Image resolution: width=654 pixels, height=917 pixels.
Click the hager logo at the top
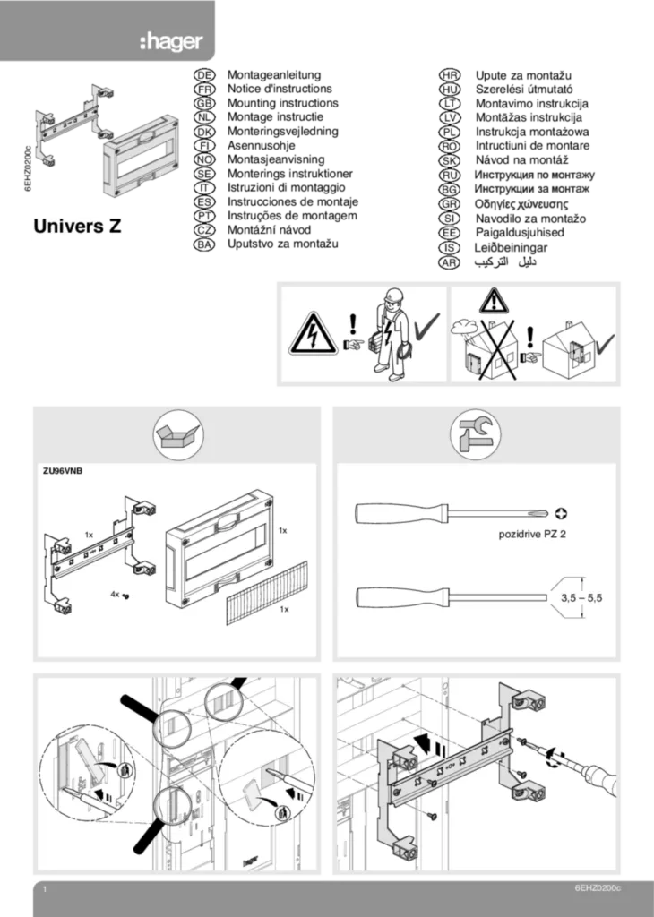pos(171,41)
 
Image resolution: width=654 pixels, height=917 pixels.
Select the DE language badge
pos(204,78)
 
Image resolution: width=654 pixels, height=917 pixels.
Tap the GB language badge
pos(204,103)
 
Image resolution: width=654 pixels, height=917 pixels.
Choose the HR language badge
pos(450,78)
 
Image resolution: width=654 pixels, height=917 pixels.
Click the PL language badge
pos(450,132)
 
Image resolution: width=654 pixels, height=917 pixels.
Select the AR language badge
pos(450,262)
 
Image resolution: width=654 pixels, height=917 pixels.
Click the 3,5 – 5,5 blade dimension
pos(581,596)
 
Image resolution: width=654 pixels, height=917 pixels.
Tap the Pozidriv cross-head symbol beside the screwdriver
pos(562,515)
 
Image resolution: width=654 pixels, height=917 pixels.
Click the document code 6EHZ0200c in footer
pos(598,887)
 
